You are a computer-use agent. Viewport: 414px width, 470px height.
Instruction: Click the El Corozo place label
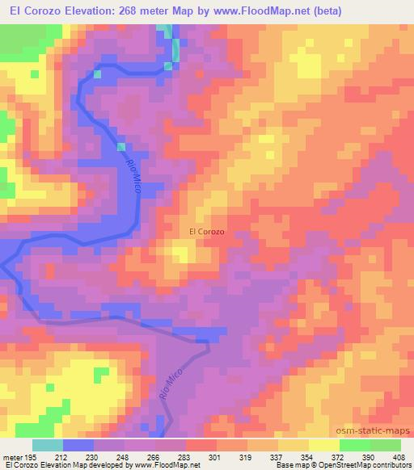point(206,232)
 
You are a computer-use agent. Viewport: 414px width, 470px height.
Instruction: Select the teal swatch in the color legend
point(47,445)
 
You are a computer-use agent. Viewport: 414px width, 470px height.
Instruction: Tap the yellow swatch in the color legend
point(324,445)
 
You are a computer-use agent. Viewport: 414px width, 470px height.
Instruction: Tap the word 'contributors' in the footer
point(392,465)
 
